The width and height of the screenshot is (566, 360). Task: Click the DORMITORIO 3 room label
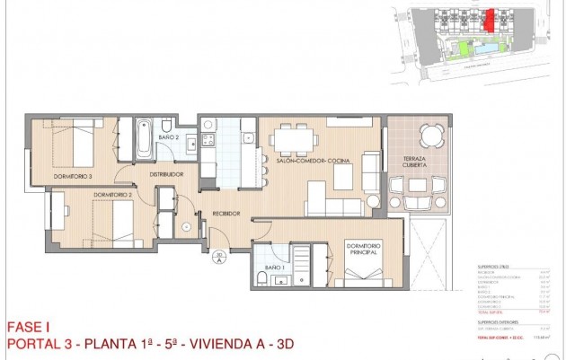pyautogui.click(x=73, y=177)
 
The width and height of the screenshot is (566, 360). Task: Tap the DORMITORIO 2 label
pyautogui.click(x=112, y=195)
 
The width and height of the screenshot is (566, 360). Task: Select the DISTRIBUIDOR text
pyautogui.click(x=166, y=174)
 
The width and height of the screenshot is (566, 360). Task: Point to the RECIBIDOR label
pyautogui.click(x=226, y=214)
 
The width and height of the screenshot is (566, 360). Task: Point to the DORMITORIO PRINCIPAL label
pyautogui.click(x=360, y=250)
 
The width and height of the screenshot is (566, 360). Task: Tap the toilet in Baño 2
pyautogui.click(x=168, y=124)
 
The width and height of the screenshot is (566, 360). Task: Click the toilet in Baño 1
pyautogui.click(x=261, y=278)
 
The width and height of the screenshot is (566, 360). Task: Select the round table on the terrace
pyautogui.click(x=431, y=136)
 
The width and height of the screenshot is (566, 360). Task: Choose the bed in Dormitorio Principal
pyautogui.click(x=359, y=275)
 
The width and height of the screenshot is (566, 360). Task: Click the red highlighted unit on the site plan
pyautogui.click(x=490, y=18)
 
